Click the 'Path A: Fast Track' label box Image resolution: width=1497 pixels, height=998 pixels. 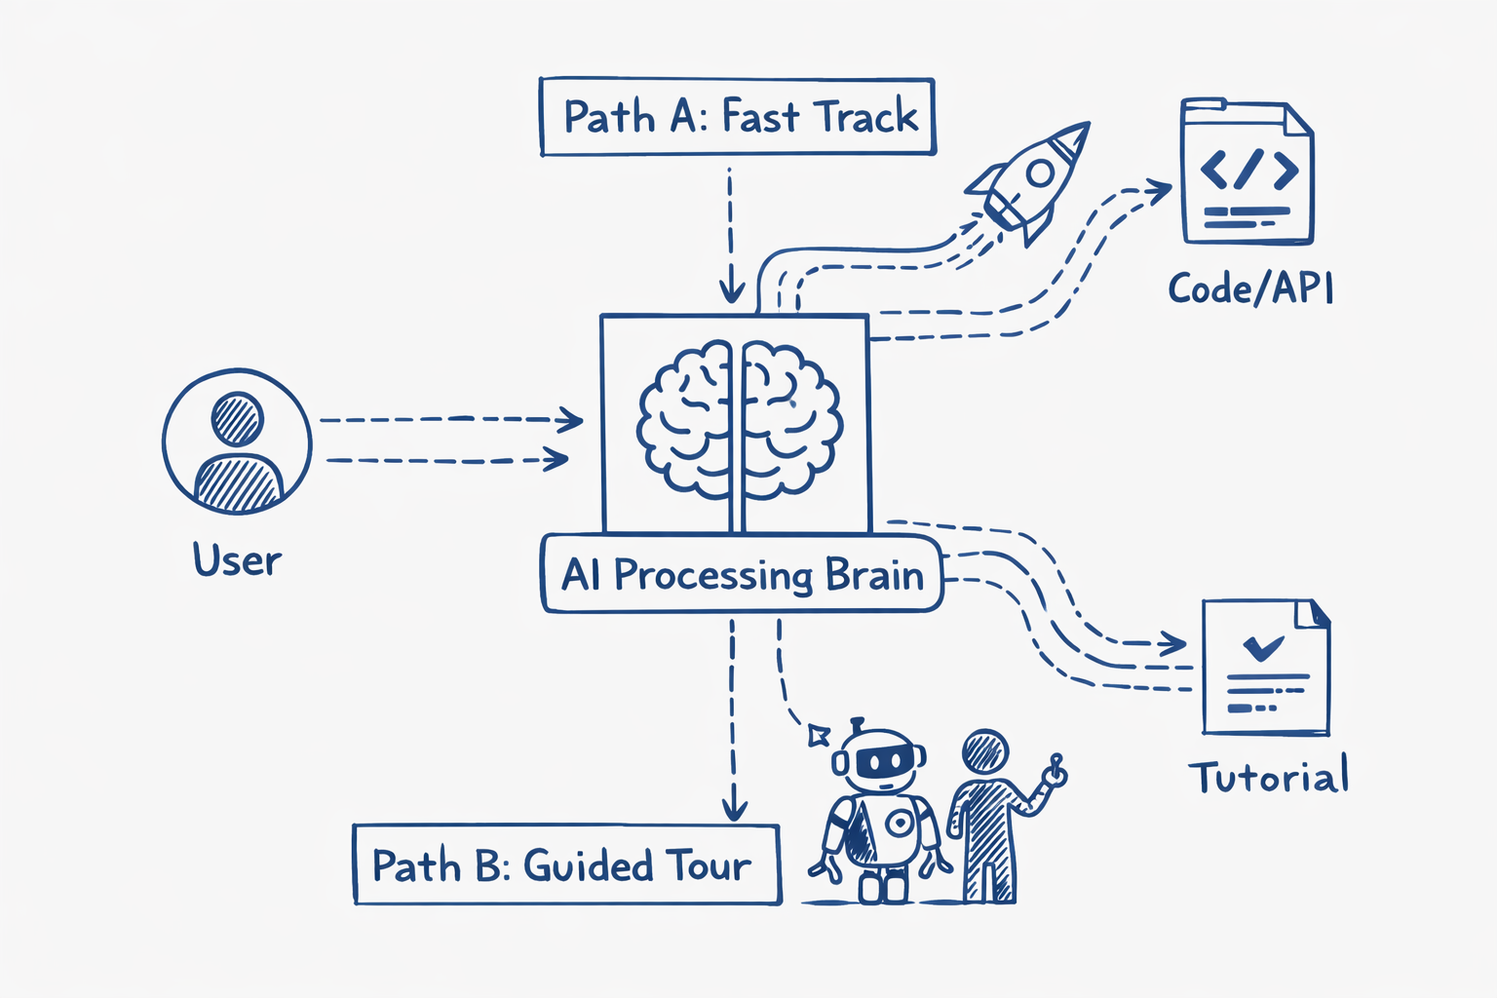point(738,117)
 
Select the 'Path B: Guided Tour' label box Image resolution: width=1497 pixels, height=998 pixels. point(566,865)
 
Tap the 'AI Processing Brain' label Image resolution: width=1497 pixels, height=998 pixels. point(742,575)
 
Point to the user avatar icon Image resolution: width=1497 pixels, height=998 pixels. point(237,441)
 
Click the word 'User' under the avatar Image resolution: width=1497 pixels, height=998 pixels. point(237,561)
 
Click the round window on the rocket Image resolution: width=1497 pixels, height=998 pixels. point(1040,173)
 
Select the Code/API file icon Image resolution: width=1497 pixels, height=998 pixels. point(1247,173)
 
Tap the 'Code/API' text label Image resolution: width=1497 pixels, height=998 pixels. point(1250,288)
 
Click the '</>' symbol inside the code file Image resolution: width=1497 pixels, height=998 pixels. point(1248,169)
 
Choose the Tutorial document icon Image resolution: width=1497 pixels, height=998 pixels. point(1266,668)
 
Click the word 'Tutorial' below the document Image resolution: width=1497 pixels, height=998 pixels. point(1269,778)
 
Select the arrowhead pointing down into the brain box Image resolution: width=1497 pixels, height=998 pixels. point(731,290)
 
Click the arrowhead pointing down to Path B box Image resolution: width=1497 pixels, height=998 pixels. point(734,809)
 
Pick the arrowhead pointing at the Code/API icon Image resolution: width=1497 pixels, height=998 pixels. point(1160,190)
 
